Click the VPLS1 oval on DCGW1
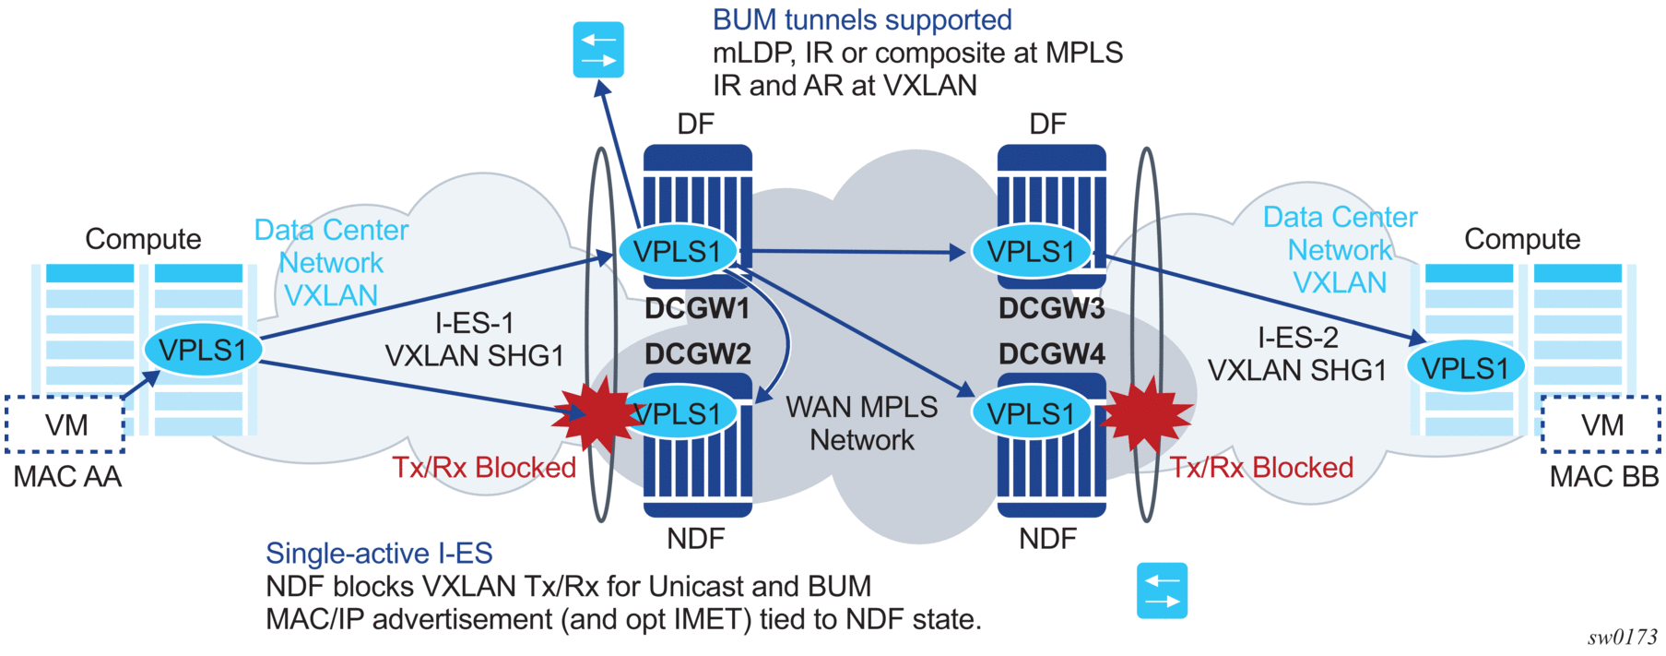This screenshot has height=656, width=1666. click(678, 251)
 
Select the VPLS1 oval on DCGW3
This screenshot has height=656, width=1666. click(1031, 251)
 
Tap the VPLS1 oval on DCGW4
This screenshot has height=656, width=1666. click(1031, 414)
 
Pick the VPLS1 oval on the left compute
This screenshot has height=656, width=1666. click(203, 351)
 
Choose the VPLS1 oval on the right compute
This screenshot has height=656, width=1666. click(1464, 368)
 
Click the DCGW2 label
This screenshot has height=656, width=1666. click(698, 354)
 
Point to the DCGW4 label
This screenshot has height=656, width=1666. click(1051, 354)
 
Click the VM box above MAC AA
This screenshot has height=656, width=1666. click(65, 424)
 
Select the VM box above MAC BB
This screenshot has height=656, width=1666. click(1601, 424)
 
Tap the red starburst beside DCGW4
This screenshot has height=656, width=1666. click(1143, 415)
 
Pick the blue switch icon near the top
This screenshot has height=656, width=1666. click(598, 50)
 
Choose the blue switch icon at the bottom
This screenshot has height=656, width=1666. click(1162, 590)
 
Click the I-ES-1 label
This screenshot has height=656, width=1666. click(474, 323)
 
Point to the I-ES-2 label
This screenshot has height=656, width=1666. click(1297, 338)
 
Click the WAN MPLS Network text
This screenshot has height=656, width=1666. click(861, 423)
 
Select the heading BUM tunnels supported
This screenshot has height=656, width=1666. click(862, 20)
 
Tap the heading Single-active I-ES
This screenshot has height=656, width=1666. click(379, 553)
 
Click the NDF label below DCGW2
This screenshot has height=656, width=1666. click(695, 539)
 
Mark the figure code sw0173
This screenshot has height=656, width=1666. click(1622, 638)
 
